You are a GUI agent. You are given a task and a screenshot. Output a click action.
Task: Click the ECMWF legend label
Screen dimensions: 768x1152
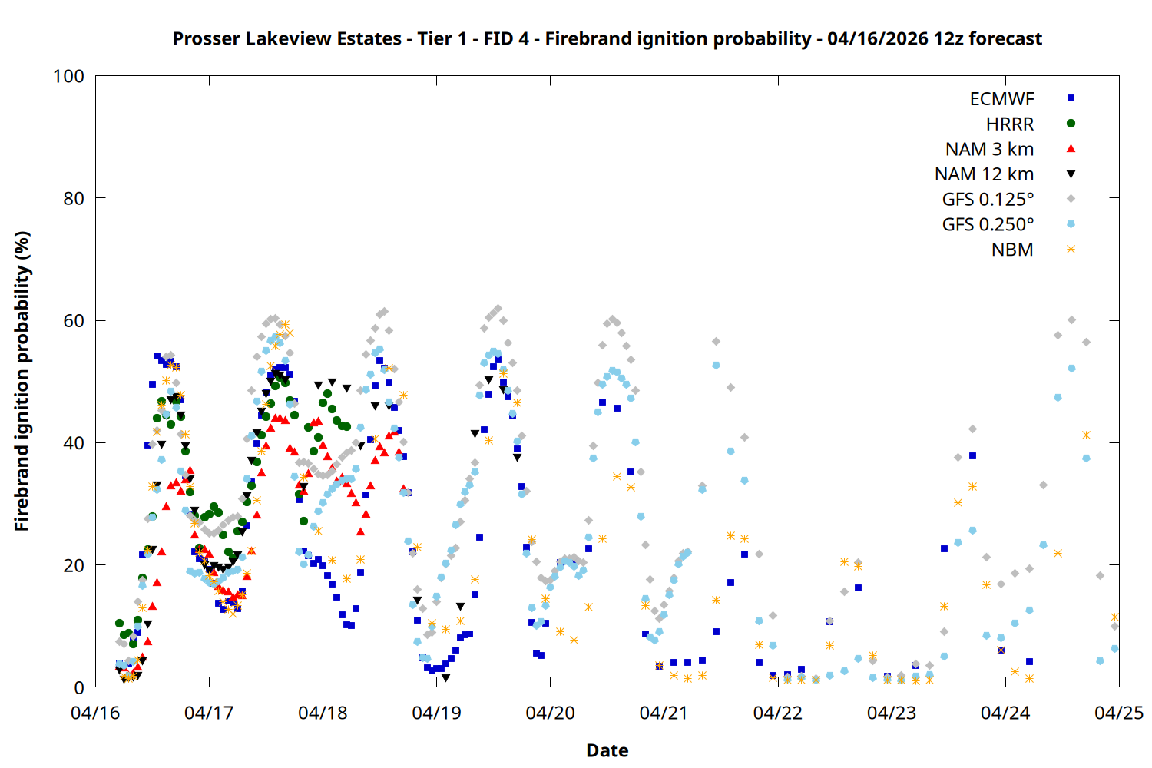1001,99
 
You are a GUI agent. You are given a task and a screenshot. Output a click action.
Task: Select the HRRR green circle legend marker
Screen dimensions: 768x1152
1071,124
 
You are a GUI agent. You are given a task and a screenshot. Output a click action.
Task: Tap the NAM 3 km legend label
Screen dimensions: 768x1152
989,149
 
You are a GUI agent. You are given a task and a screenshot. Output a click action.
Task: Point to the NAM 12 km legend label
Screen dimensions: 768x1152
984,174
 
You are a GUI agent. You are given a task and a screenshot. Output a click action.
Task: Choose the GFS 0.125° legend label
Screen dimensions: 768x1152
988,200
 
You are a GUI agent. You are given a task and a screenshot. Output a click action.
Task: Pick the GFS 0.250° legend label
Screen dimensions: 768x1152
988,225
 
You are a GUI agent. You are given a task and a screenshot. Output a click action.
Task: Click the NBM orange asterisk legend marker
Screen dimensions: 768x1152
1071,250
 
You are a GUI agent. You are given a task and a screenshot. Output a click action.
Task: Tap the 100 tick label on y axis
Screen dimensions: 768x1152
68,77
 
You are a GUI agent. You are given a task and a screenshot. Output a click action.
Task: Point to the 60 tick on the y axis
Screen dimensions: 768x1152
95,321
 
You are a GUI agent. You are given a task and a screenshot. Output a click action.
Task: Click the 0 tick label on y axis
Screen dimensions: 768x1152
79,688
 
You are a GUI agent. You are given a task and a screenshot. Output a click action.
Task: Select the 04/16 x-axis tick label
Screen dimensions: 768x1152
95,713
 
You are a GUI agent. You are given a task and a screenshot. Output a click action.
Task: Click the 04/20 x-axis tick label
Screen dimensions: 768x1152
550,713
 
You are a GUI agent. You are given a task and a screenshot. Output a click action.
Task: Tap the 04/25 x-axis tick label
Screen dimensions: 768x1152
1119,713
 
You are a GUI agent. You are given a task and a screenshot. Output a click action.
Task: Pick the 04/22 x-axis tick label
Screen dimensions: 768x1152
777,713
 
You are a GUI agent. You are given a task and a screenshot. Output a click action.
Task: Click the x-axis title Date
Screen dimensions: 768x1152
607,750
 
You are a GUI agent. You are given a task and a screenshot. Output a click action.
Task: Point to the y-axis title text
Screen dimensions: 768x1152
22,381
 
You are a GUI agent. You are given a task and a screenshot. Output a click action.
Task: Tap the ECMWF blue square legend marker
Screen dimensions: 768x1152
1071,98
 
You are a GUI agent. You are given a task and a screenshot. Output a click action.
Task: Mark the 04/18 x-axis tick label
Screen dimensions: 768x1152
323,713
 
